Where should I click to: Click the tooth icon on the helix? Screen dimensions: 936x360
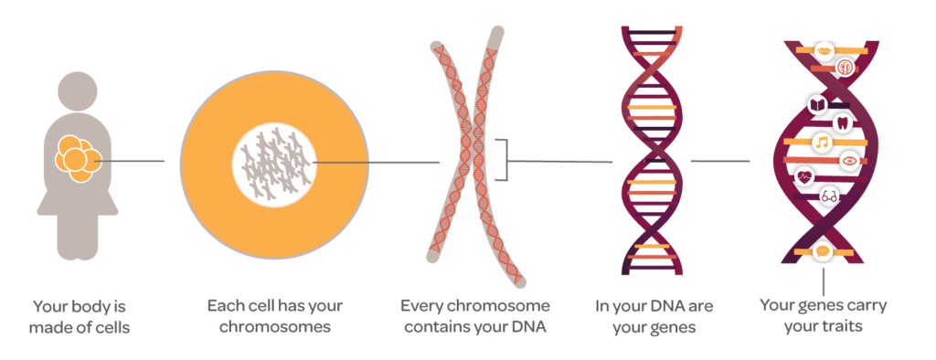(844, 121)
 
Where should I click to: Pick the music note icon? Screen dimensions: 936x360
(822, 143)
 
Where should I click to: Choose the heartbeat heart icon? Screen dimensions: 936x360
(805, 177)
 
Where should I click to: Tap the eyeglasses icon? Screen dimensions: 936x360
(830, 195)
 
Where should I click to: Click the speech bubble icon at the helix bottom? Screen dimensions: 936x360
(822, 249)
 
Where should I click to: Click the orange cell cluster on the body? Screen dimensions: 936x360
(74, 157)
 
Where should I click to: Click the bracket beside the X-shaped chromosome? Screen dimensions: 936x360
(501, 162)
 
